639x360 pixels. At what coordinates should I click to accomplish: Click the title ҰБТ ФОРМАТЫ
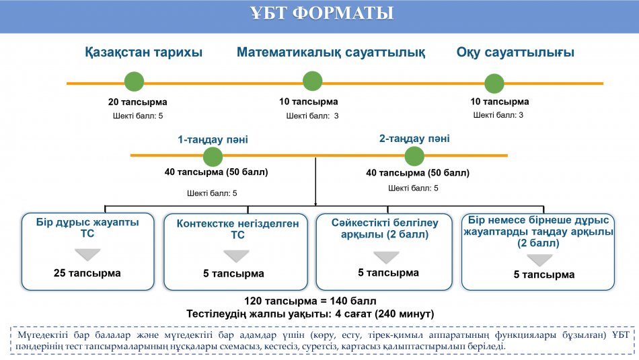pyautogui.click(x=322, y=13)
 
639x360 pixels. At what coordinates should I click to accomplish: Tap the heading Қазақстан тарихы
pyautogui.click(x=143, y=52)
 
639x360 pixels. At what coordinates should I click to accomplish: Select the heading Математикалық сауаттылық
pyautogui.click(x=331, y=52)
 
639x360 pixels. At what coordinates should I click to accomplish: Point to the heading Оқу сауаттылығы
pyautogui.click(x=515, y=52)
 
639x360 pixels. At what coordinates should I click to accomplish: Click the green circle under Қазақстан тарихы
pyautogui.click(x=134, y=81)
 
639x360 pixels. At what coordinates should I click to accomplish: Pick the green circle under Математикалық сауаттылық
pyautogui.click(x=313, y=81)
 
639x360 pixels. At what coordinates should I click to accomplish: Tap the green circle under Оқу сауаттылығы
pyautogui.click(x=494, y=83)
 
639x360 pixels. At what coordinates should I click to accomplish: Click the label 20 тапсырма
pyautogui.click(x=138, y=102)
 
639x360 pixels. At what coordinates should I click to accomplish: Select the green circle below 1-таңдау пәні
pyautogui.click(x=213, y=157)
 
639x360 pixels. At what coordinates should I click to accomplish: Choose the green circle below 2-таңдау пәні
pyautogui.click(x=414, y=156)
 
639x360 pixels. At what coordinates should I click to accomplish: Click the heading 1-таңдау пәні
pyautogui.click(x=213, y=139)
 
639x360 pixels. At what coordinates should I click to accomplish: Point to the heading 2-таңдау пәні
pyautogui.click(x=414, y=139)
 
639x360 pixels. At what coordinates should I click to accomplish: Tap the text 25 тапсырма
pyautogui.click(x=87, y=273)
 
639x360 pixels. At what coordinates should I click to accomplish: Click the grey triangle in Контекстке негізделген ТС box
pyautogui.click(x=236, y=256)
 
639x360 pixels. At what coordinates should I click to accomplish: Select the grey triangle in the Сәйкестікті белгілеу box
pyautogui.click(x=386, y=257)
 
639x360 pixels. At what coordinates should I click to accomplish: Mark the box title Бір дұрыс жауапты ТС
pyautogui.click(x=87, y=228)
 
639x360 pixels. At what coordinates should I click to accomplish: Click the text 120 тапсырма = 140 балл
pyautogui.click(x=310, y=301)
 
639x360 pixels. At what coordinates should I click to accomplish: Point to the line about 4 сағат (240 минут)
pyautogui.click(x=310, y=314)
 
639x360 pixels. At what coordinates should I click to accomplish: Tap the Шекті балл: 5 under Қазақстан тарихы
pyautogui.click(x=138, y=116)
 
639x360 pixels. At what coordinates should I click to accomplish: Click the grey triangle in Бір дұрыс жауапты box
pyautogui.click(x=87, y=254)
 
